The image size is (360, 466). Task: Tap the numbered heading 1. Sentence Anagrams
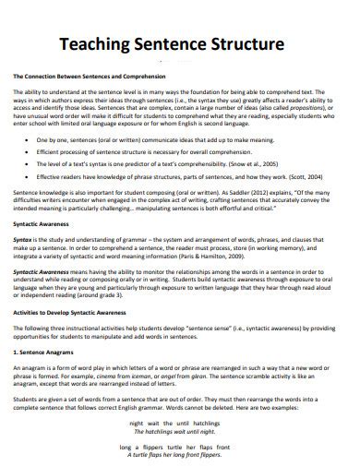[46, 353]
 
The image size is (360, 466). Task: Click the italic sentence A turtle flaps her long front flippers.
[179, 454]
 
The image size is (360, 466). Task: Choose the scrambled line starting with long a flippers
[179, 446]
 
